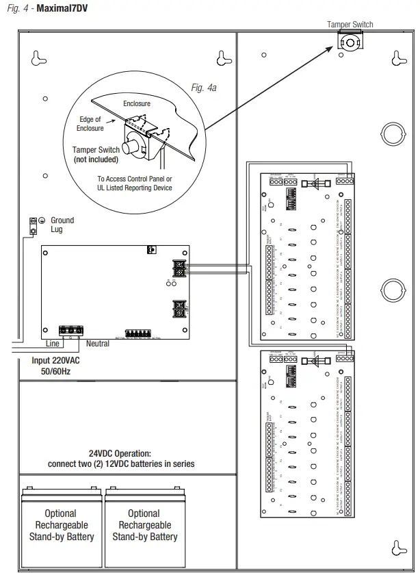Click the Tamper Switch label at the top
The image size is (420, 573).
[350, 25]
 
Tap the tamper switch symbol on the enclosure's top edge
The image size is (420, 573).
[350, 42]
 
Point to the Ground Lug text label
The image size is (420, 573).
[62, 225]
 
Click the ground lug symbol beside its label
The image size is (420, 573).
[32, 225]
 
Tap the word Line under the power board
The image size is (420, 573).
[53, 344]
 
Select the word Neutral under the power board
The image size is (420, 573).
[98, 344]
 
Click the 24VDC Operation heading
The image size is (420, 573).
[120, 453]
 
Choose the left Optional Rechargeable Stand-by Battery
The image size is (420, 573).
[60, 525]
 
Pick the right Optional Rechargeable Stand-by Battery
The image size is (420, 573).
[144, 525]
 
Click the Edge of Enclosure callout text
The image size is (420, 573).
[90, 124]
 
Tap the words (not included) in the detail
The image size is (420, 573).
[96, 159]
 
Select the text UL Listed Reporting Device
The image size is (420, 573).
[134, 188]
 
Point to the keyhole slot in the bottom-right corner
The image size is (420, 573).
[395, 546]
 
